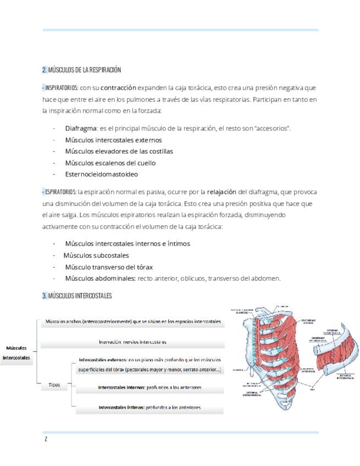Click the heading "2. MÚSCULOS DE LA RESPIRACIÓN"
(81, 70)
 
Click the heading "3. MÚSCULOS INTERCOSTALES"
(77, 296)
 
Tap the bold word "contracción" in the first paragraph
(118, 88)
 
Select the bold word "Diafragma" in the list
(81, 128)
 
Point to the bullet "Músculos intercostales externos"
(113, 140)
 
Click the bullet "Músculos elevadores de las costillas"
(119, 151)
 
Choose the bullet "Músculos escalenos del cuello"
(110, 163)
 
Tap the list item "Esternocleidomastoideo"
(101, 174)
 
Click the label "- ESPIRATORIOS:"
(59, 192)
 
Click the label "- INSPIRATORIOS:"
(60, 88)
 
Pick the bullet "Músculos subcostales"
(96, 255)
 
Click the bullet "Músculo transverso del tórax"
(109, 267)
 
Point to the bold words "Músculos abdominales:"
(100, 278)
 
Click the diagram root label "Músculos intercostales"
(16, 353)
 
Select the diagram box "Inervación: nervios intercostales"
(133, 342)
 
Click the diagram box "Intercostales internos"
(149, 387)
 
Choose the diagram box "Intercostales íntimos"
(149, 407)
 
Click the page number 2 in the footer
(46, 439)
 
